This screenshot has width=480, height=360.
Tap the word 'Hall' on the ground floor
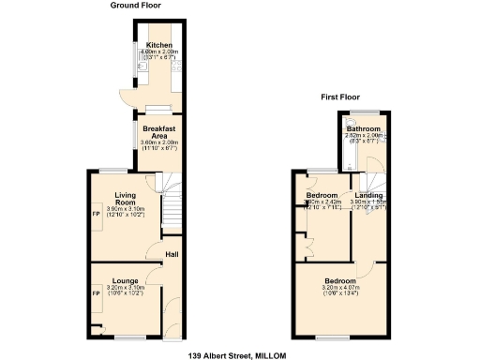click(172, 254)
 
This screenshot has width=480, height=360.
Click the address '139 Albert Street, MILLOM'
click(236, 355)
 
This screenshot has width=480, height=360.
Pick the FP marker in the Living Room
click(96, 210)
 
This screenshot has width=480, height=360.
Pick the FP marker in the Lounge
click(96, 293)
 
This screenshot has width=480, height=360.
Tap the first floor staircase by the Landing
click(372, 173)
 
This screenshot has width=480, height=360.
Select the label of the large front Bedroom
click(339, 280)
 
